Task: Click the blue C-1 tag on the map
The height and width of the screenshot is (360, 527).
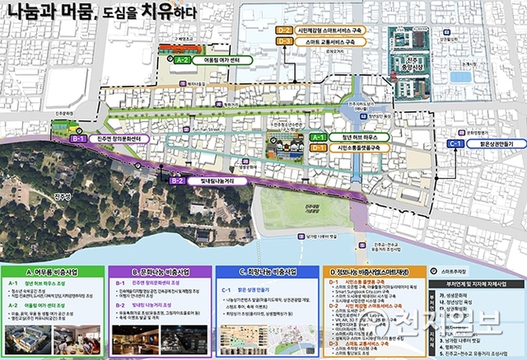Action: coord(457,143)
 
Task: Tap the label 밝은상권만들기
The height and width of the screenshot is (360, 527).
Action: coord(492,143)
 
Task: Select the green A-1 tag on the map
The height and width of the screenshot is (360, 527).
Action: coord(319,137)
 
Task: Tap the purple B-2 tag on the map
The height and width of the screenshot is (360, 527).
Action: coord(177,180)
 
